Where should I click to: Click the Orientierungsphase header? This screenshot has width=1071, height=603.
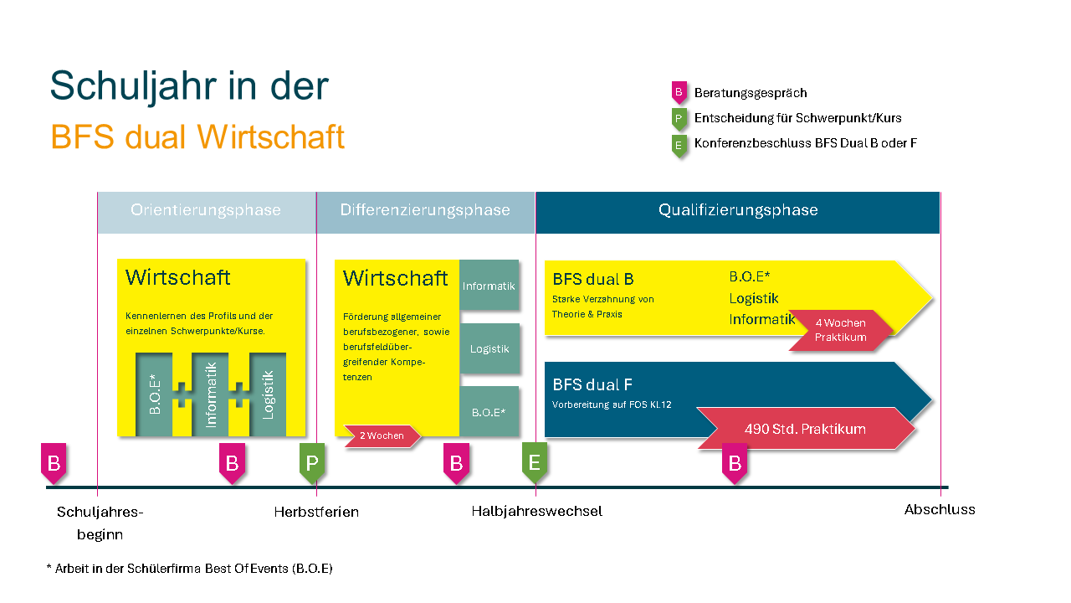206,210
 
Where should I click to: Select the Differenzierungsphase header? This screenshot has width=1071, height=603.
425,210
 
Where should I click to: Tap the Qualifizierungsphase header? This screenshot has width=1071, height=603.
738,210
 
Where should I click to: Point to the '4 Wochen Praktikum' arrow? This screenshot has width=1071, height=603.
840,330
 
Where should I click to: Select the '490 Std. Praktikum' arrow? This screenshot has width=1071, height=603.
805,429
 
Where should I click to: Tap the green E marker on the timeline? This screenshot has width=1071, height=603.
535,463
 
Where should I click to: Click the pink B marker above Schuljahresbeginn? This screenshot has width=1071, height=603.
54,463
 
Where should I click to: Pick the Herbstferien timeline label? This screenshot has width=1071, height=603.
316,512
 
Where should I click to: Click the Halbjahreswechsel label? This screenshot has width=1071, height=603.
536,511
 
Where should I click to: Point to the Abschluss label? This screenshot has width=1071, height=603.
940,509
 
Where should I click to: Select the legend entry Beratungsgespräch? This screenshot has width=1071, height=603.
751,93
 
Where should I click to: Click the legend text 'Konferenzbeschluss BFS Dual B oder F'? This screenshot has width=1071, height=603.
806,143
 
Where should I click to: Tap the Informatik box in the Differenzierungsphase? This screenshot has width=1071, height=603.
489,286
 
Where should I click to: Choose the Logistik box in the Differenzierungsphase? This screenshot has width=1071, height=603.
489,348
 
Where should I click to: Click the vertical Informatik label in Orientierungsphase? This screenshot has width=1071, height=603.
211,394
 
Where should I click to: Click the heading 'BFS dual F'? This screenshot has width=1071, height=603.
592,384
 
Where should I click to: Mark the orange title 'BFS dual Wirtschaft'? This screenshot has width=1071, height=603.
197,137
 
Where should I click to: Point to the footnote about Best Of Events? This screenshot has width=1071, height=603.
189,569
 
